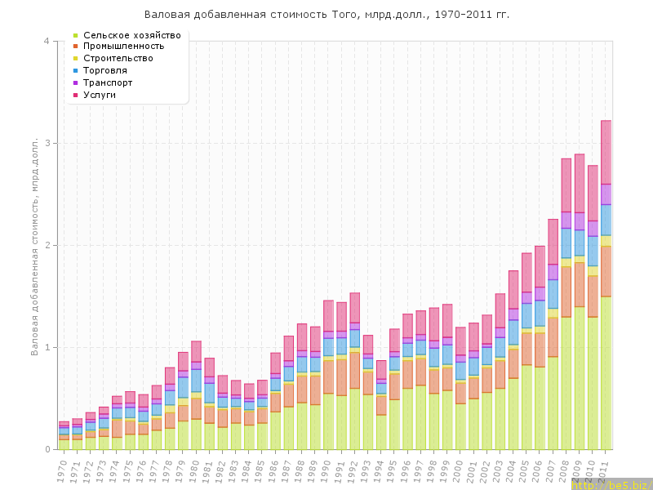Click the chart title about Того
click(x=326, y=15)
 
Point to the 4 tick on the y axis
click(x=47, y=42)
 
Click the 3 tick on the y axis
click(x=47, y=144)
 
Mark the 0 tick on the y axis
click(x=47, y=450)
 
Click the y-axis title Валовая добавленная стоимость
click(x=34, y=245)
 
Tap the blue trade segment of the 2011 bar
click(x=606, y=220)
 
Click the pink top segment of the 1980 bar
click(x=196, y=351)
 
